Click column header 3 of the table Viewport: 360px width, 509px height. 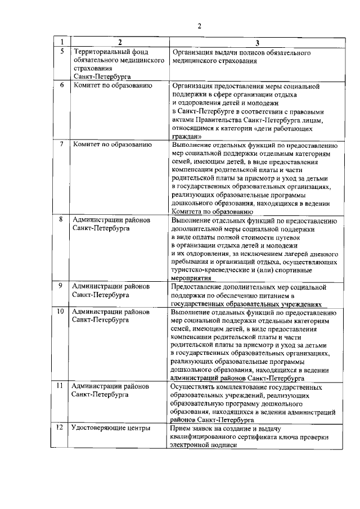[x=257, y=43]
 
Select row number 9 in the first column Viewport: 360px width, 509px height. [x=61, y=286]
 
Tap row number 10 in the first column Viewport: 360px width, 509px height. [x=61, y=311]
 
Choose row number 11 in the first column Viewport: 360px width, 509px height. [x=61, y=387]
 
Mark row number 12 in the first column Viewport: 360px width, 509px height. [x=60, y=428]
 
